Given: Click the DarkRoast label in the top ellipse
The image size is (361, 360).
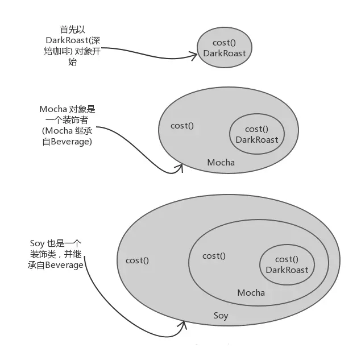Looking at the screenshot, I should (x=225, y=53).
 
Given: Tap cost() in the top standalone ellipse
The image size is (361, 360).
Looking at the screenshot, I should (x=225, y=43).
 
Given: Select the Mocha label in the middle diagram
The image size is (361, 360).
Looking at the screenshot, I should (x=221, y=163).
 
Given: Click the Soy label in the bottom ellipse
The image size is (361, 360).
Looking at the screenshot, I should (x=221, y=316).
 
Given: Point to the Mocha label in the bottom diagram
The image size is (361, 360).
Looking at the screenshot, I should (x=251, y=293).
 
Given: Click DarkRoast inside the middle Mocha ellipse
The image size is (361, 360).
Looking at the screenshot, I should (x=257, y=139).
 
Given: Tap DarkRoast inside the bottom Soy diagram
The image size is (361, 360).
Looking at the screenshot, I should (x=287, y=270).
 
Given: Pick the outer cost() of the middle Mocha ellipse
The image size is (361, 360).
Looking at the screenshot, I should (x=182, y=126).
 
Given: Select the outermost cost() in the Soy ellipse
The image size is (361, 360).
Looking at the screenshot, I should (x=137, y=260).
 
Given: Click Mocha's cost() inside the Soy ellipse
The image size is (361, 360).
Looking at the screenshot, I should (x=214, y=256).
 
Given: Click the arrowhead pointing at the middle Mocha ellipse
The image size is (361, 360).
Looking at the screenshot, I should (x=180, y=167).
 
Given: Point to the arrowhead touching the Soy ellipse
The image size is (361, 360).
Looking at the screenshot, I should (x=182, y=326).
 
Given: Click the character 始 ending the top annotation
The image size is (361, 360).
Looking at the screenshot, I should (x=72, y=63).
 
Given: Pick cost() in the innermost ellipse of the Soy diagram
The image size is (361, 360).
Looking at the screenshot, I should (x=287, y=259).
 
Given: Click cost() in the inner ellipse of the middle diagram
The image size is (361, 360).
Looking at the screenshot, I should (x=256, y=129).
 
